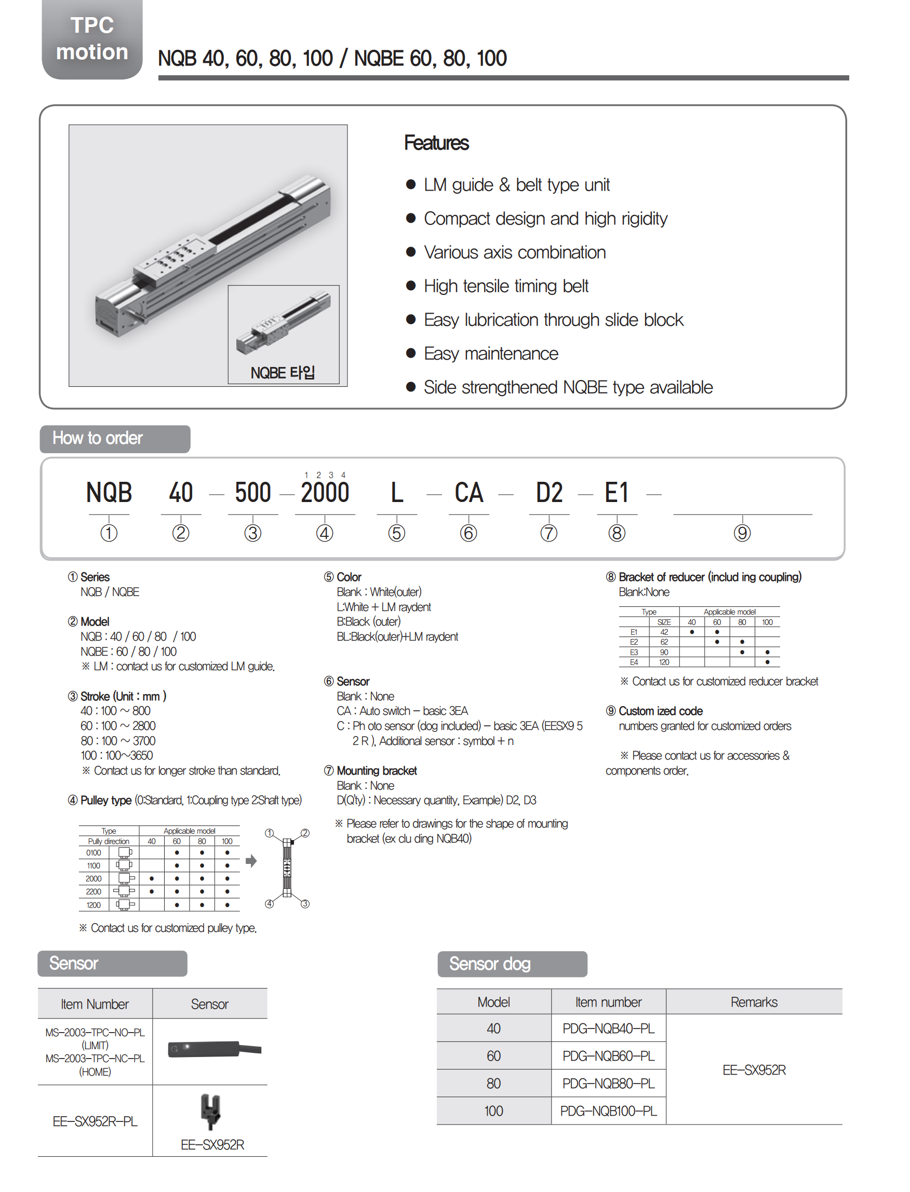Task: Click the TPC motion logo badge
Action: tap(92, 39)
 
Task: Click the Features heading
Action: tap(436, 143)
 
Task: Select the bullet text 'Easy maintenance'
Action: tap(491, 354)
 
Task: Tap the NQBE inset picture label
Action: tap(282, 372)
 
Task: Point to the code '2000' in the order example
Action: tap(325, 493)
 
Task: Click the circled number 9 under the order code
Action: tap(742, 533)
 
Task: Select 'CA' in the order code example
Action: tap(469, 493)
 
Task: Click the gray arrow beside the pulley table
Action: tap(251, 861)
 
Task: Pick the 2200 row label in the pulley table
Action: tap(93, 891)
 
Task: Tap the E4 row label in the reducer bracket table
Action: tap(634, 662)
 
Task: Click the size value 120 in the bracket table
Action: tap(664, 662)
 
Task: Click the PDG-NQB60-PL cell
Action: tap(608, 1055)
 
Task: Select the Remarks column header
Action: tap(754, 1002)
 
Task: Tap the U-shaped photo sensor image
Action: tap(210, 1111)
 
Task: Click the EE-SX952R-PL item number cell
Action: tap(95, 1121)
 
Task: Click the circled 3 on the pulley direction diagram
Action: tap(305, 903)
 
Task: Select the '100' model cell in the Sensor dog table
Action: tap(493, 1111)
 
